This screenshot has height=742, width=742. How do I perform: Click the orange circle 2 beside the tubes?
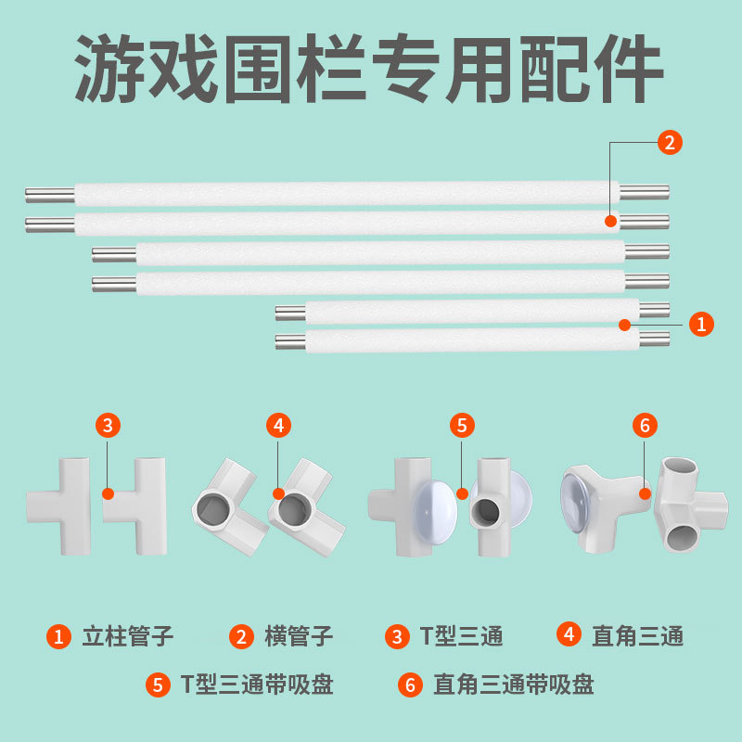670,143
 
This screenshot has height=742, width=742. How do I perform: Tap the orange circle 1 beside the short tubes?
701,324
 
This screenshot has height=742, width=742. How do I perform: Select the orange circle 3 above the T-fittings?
109,426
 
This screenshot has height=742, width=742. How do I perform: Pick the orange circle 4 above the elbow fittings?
278,426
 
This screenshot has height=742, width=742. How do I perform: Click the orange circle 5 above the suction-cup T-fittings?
462,426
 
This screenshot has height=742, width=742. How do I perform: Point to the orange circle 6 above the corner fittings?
646,426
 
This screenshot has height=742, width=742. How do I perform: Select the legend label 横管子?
299,636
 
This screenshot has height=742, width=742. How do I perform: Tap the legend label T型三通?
461,636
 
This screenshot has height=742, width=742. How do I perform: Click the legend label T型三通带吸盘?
257,685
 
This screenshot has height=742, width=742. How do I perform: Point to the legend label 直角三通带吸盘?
513,685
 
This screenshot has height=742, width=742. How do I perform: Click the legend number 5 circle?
159,685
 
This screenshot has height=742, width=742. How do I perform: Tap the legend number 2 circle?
241,636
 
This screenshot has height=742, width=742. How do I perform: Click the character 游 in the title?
111,70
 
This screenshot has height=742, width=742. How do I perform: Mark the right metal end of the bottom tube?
654,339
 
